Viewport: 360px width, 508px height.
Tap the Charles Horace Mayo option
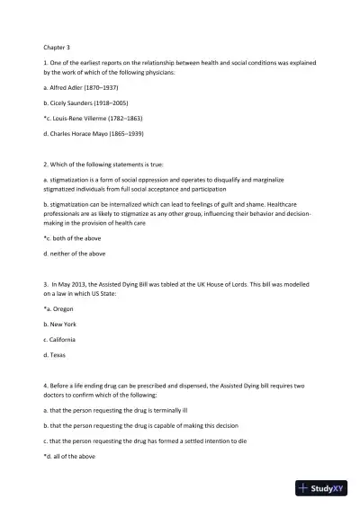(94, 133)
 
